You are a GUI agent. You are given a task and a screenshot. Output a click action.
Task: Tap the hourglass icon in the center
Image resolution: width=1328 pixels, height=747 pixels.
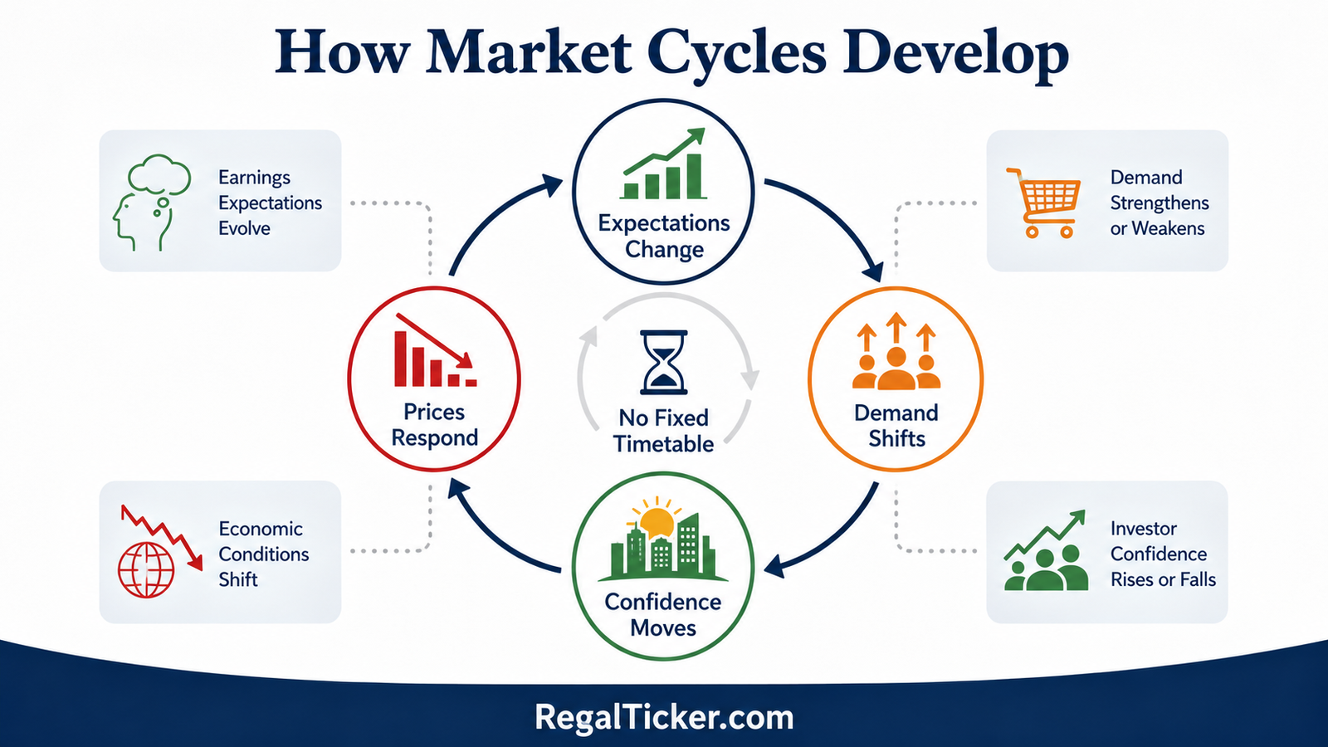(x=664, y=362)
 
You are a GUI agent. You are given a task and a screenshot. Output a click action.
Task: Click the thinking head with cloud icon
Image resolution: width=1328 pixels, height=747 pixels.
(x=152, y=203)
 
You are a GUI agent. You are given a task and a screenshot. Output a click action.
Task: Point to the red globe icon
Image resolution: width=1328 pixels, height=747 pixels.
(x=146, y=569)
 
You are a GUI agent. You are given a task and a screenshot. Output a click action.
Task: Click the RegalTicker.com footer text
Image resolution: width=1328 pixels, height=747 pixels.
(x=664, y=717)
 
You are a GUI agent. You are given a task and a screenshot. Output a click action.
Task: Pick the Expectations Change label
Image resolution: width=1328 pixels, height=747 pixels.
(x=664, y=236)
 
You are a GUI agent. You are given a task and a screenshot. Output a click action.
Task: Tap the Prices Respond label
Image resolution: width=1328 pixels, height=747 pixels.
(x=435, y=424)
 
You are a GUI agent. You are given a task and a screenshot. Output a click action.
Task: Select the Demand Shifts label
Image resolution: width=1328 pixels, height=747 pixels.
(x=896, y=426)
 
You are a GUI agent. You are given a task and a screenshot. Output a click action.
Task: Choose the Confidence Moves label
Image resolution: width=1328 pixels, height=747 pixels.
(x=663, y=615)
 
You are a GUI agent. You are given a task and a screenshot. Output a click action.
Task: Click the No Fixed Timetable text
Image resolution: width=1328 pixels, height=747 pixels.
(x=663, y=431)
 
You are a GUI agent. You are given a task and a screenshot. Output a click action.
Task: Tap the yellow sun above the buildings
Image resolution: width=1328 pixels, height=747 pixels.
(x=655, y=520)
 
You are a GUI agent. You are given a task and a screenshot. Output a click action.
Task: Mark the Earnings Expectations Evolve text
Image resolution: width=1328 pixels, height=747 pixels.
(x=270, y=203)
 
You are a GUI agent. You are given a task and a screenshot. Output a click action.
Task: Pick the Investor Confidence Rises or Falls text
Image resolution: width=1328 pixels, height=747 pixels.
(x=1163, y=554)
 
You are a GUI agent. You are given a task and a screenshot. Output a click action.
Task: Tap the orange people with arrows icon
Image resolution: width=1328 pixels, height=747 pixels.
(x=896, y=350)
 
